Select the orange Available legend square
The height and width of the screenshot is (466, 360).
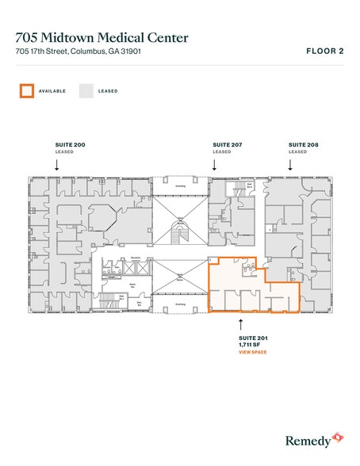(x=26, y=91)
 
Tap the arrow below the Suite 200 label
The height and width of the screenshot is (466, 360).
(x=56, y=164)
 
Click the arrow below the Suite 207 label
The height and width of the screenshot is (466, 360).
(x=215, y=164)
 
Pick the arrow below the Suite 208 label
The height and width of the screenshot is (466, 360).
(x=291, y=164)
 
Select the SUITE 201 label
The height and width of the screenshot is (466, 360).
(x=251, y=338)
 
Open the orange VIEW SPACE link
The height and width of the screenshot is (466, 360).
(x=253, y=351)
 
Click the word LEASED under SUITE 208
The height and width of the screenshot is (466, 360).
(x=297, y=151)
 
